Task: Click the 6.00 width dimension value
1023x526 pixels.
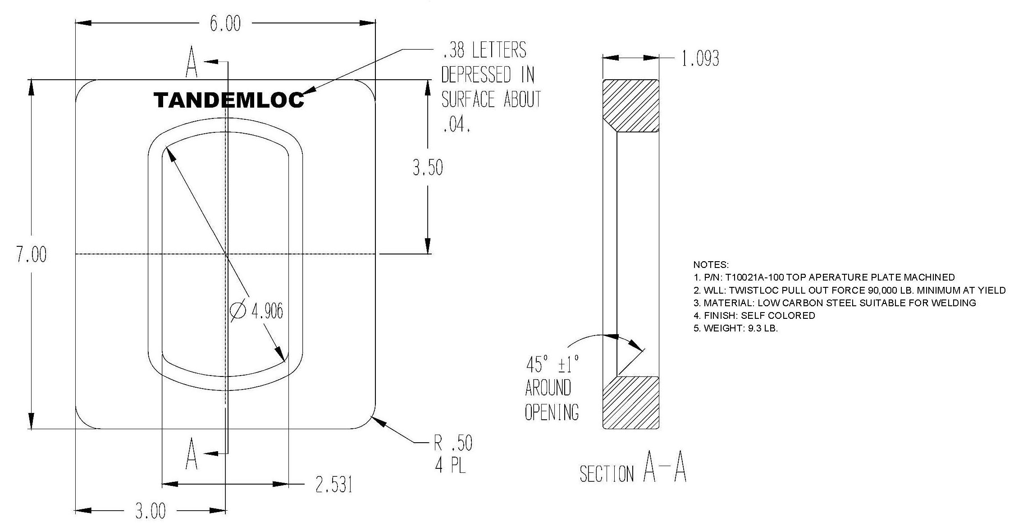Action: (x=225, y=24)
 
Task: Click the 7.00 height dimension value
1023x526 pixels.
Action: (x=32, y=255)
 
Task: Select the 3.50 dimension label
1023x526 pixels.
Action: (x=428, y=168)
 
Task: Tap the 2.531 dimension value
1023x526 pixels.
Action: (x=333, y=485)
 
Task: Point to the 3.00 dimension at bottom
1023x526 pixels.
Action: (x=151, y=511)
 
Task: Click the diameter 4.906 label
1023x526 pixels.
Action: (x=257, y=311)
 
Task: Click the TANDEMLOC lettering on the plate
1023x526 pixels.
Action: (x=229, y=100)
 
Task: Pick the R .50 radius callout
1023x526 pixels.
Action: (x=453, y=444)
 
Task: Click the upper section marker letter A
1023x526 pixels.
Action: (x=192, y=66)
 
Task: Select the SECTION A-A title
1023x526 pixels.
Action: (x=633, y=471)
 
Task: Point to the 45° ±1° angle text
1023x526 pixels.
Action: (x=552, y=364)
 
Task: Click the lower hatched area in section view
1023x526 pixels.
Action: (x=631, y=402)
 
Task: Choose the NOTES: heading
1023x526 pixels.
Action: (x=711, y=265)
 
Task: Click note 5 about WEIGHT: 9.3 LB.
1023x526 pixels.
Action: (x=735, y=328)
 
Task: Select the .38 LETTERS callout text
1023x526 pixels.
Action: (x=484, y=50)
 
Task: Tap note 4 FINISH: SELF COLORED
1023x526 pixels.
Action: (x=754, y=316)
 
